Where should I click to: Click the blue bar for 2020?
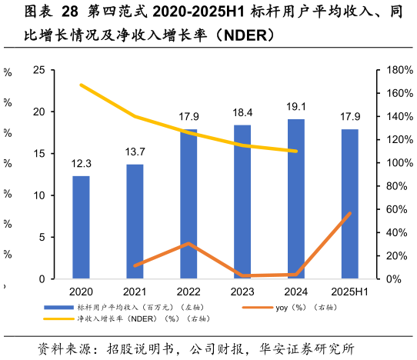point(81,227)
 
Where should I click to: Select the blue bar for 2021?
point(135,222)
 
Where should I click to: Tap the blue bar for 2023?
point(242,202)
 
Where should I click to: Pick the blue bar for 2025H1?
point(349,204)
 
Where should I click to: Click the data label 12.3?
point(81,164)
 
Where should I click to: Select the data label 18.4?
point(242,113)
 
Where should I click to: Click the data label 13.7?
point(135,152)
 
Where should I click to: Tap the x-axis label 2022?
point(188,292)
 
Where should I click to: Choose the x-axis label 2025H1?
point(350,292)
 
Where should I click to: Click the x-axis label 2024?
point(296,292)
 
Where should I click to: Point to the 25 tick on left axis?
point(38,70)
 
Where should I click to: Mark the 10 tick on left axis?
point(38,195)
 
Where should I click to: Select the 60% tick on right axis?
point(394,209)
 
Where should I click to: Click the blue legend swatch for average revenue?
point(58,307)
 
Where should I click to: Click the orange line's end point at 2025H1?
point(350,213)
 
